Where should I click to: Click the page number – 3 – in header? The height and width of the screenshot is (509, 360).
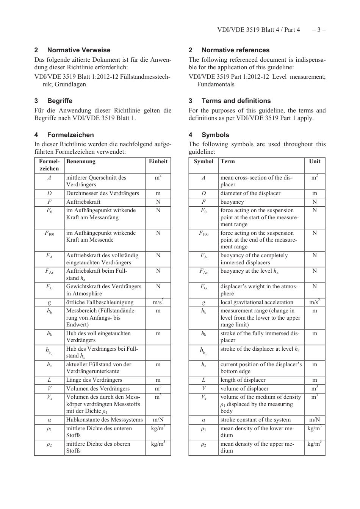[x=319, y=30]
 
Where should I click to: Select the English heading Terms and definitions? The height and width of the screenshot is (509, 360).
[x=236, y=101]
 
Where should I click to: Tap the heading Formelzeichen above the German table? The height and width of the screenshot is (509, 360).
[x=70, y=135]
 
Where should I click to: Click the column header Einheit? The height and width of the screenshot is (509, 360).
[x=158, y=161]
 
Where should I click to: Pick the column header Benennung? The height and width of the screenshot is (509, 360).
[x=81, y=161]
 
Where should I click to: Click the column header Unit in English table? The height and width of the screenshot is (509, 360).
[x=315, y=161]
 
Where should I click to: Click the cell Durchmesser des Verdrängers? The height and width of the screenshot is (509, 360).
[x=103, y=193]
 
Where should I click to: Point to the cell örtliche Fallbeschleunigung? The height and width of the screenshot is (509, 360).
[x=100, y=302]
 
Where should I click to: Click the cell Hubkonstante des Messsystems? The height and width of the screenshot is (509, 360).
[x=105, y=420]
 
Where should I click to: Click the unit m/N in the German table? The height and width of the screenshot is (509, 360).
[x=158, y=420]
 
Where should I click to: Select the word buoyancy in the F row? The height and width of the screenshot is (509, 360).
[x=232, y=202]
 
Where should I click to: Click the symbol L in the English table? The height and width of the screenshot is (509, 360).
[x=203, y=380]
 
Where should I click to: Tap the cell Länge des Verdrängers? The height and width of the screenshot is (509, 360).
[x=94, y=380]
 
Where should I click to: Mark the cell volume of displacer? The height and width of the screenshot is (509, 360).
[x=244, y=389]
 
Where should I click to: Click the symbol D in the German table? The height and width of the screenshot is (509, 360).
[x=49, y=193]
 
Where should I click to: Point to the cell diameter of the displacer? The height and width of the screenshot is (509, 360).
[x=250, y=193]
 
